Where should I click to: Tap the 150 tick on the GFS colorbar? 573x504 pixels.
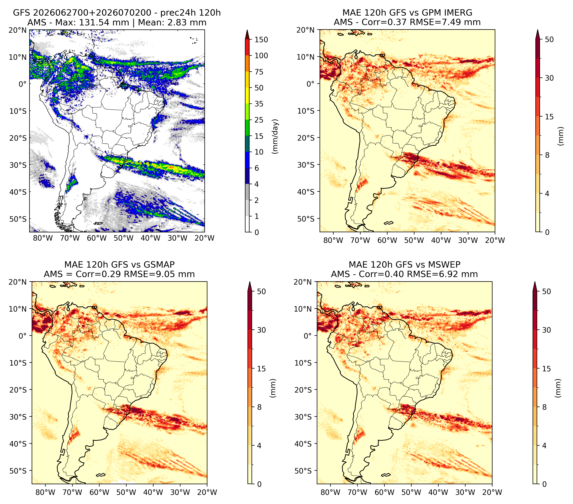click(x=261, y=40)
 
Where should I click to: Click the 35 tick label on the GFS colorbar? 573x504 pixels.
click(x=259, y=104)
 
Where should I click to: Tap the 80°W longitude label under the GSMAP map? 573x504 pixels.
click(x=45, y=492)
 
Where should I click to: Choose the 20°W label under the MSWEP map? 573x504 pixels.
click(x=492, y=492)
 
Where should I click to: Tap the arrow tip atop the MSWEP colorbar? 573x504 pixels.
click(x=535, y=282)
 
